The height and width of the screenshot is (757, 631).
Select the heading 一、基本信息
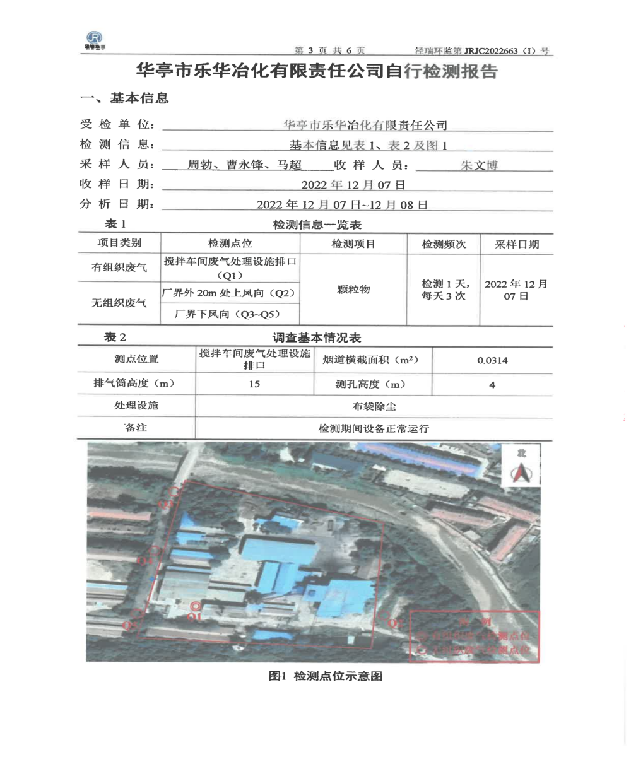(123, 98)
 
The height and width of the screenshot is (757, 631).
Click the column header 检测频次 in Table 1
(444, 244)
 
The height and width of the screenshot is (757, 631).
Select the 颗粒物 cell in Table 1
(353, 290)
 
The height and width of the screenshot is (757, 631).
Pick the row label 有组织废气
(119, 268)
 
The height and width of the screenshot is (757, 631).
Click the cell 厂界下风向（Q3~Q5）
(230, 314)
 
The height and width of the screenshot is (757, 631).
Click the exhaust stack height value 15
(255, 384)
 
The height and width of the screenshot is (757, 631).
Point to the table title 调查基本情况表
(316, 338)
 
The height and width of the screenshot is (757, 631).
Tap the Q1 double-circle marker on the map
(195, 607)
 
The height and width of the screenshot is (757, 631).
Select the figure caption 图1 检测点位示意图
(326, 676)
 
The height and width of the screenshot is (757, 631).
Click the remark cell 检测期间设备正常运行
(374, 428)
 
